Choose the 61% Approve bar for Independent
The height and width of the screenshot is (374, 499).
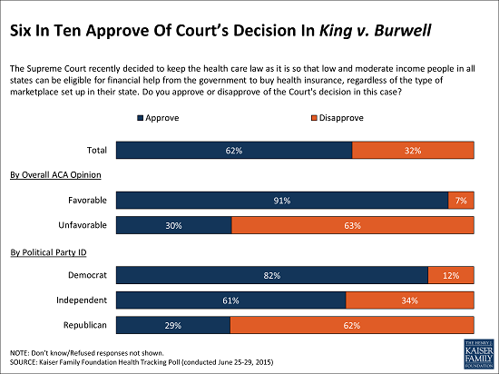[x=231, y=300]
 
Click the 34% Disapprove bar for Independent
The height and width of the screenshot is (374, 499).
[x=409, y=300]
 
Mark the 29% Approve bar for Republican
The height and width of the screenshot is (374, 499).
[x=173, y=325]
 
